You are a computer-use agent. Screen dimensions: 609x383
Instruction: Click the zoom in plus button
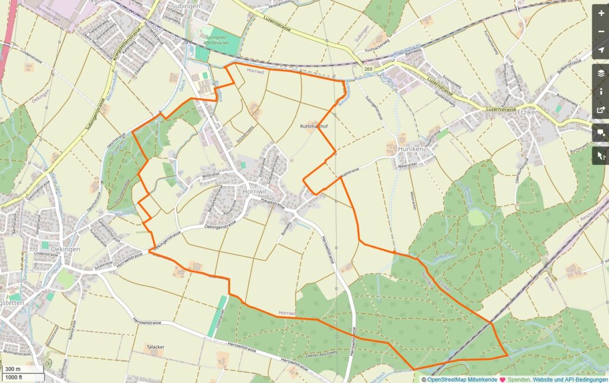coord(601,12)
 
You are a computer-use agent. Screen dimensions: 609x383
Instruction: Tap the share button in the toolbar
coord(601,110)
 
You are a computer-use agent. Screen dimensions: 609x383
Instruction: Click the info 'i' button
coord(601,91)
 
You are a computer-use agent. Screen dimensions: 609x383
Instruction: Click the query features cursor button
coord(601,155)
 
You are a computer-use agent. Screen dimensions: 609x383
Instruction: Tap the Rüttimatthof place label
coord(314,127)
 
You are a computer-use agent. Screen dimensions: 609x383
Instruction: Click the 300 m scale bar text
coord(12,369)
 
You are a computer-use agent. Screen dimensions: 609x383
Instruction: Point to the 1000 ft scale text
coord(14,377)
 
